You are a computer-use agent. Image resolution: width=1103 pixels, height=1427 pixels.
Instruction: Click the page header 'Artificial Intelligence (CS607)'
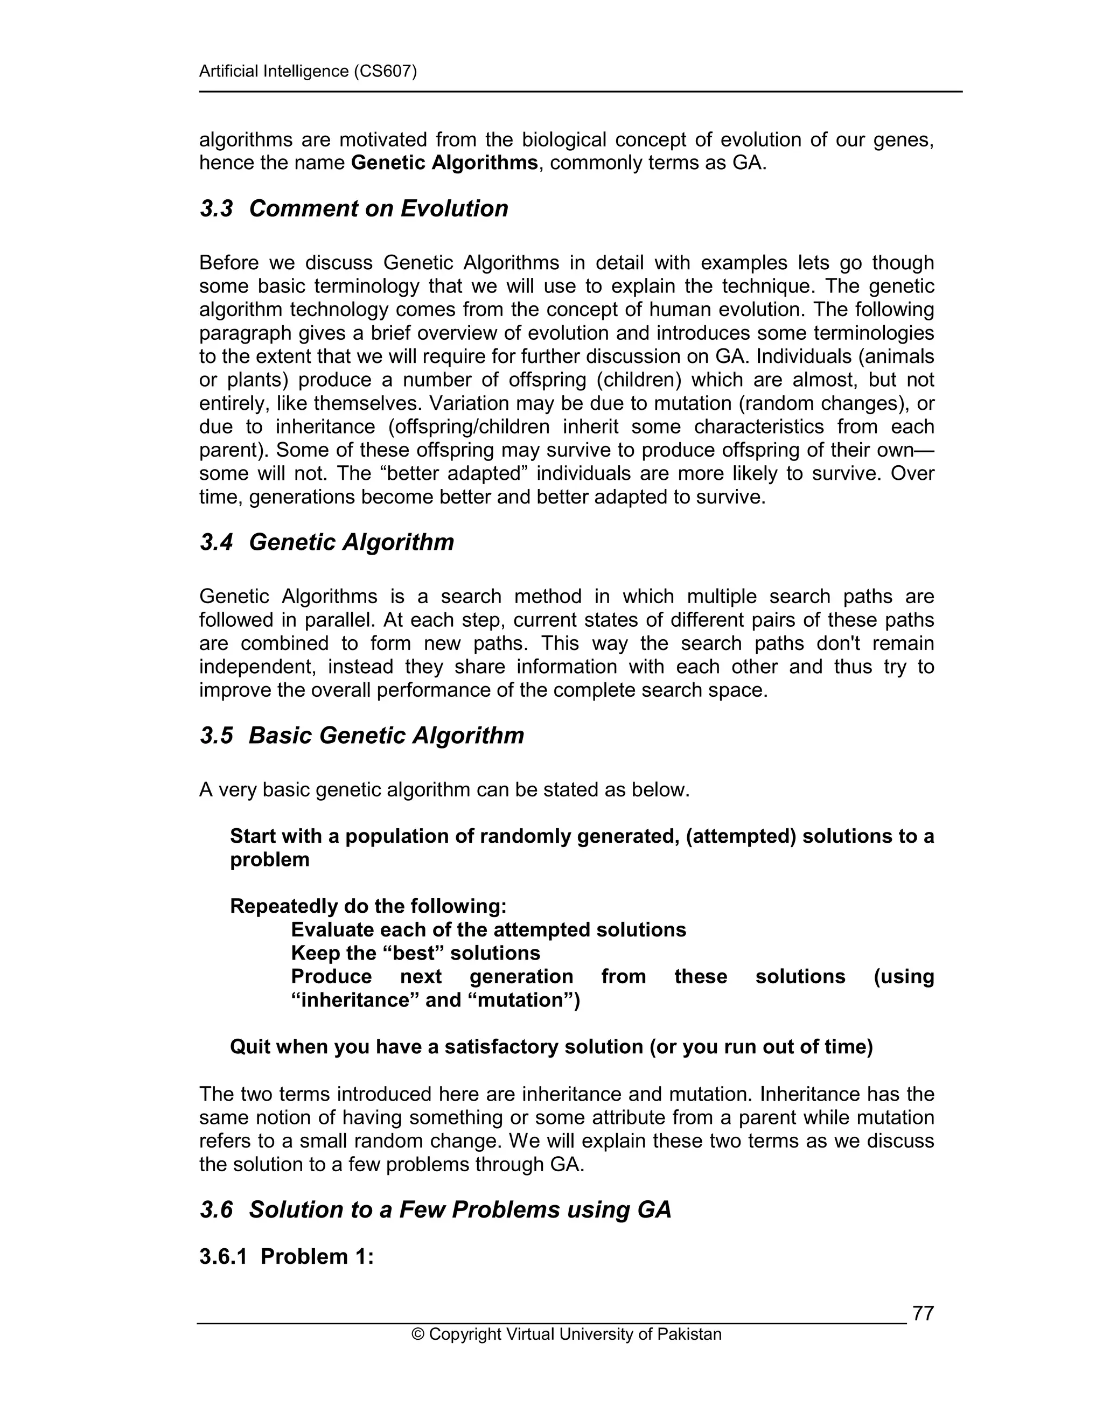click(308, 71)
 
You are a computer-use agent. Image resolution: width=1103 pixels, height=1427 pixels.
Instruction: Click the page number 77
click(923, 1313)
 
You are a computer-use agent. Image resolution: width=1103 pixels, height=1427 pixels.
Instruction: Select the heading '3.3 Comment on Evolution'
click(353, 208)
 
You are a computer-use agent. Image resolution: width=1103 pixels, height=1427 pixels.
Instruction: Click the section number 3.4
click(217, 542)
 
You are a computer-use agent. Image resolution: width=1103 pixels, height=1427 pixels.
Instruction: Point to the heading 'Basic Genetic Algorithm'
click(386, 735)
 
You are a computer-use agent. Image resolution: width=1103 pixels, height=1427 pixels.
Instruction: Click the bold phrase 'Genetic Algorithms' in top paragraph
click(444, 163)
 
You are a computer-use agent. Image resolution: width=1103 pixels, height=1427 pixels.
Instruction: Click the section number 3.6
click(217, 1209)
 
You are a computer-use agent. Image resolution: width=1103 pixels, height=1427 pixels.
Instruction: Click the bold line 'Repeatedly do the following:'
click(368, 906)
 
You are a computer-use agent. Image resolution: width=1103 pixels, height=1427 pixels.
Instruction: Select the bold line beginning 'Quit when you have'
click(551, 1047)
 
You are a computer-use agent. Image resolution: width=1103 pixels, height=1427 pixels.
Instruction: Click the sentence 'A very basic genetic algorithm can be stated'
click(444, 790)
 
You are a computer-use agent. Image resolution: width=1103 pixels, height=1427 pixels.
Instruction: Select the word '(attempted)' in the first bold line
click(741, 836)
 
